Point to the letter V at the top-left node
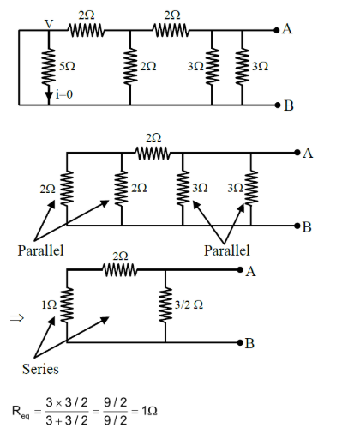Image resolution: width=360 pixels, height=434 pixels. (x=49, y=24)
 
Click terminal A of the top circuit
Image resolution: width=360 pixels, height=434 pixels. (x=286, y=29)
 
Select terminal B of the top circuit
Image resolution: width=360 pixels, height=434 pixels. (x=286, y=105)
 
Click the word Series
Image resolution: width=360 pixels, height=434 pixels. (x=40, y=370)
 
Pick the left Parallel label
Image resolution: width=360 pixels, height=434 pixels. (x=40, y=250)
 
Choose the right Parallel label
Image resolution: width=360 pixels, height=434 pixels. (x=226, y=250)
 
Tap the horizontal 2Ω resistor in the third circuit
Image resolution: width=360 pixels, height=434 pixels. (x=121, y=271)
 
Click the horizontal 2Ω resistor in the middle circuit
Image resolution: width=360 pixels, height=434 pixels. (x=153, y=154)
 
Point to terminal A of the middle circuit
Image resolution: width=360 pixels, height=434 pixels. (x=306, y=154)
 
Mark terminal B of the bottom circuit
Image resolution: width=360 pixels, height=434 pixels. (x=249, y=343)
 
